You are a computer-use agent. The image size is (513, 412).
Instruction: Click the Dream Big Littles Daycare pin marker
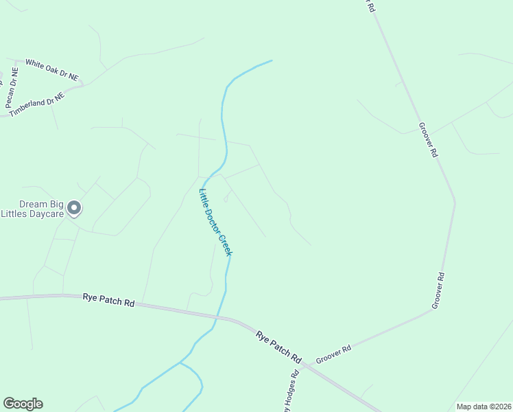pyautogui.click(x=75, y=207)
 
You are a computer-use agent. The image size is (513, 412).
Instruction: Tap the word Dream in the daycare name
pyautogui.click(x=34, y=204)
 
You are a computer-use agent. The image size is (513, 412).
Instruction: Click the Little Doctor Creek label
pyautogui.click(x=216, y=222)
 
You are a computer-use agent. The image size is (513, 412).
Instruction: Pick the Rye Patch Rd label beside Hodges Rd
pyautogui.click(x=278, y=347)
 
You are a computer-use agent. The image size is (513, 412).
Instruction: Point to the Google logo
pyautogui.click(x=23, y=404)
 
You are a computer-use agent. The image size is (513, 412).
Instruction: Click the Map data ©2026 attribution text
pyautogui.click(x=483, y=407)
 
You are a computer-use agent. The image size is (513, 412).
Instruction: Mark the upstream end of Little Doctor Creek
pyautogui.click(x=272, y=60)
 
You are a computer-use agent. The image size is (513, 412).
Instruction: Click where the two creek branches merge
pyautogui.click(x=180, y=362)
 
